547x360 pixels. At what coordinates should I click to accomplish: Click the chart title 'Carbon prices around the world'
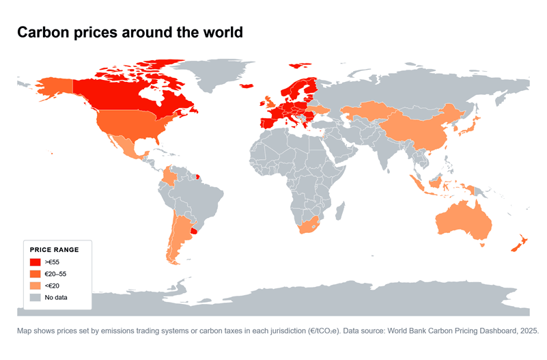click(130, 33)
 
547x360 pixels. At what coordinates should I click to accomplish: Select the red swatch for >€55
click(35, 262)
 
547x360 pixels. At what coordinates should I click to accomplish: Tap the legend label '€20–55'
click(55, 273)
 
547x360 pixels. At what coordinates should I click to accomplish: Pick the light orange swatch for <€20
click(35, 286)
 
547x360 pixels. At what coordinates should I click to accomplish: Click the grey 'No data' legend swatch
click(35, 297)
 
